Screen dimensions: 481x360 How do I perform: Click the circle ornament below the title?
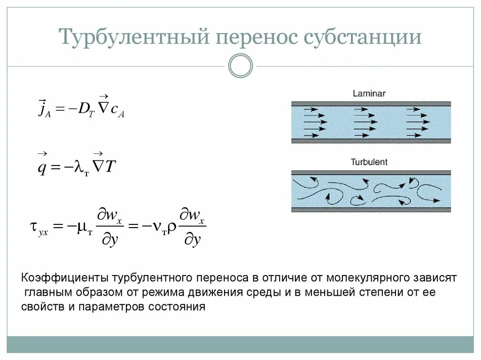pos(240,66)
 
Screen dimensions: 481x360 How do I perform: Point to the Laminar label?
pos(369,93)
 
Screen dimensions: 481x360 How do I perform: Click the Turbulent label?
pos(369,162)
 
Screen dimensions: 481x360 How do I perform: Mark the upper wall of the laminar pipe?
pos(371,103)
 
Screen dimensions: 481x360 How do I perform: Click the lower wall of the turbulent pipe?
pos(371,209)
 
